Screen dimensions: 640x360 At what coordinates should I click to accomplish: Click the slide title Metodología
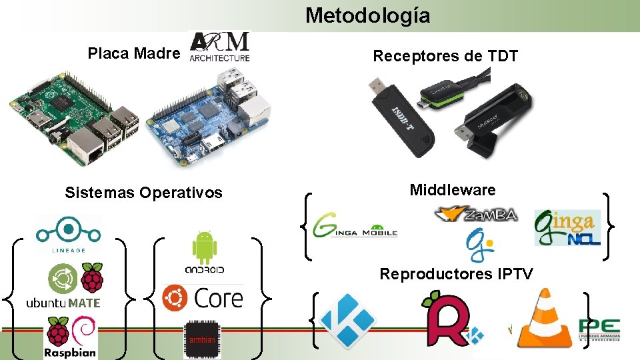coord(367,15)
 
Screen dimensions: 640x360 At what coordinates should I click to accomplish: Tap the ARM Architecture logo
coord(220,47)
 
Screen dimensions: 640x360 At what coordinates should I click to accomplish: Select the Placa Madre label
coord(134,53)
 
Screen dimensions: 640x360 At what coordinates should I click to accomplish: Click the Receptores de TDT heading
coord(445,56)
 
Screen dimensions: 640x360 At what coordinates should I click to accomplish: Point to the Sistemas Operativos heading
coord(143,193)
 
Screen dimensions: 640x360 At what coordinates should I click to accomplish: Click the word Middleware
coord(453,190)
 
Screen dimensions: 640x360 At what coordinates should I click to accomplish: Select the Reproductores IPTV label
coord(456,273)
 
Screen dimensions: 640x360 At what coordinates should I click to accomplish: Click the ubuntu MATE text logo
coord(63,303)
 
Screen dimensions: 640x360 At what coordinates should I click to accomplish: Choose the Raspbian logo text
coord(70,353)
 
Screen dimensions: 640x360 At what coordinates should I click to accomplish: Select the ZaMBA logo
coord(475,215)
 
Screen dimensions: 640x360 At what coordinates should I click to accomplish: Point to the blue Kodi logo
coord(348,321)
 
